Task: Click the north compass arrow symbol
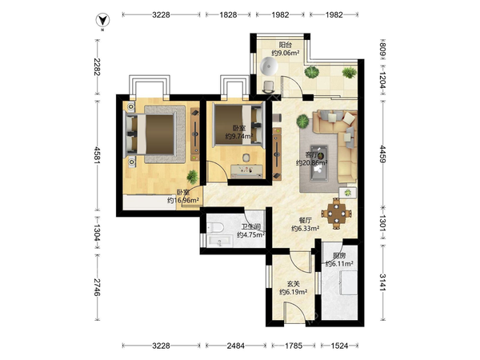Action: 103,21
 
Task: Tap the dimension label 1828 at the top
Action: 228,14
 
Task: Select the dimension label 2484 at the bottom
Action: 236,346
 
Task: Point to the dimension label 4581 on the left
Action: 98,155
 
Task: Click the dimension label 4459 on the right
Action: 383,154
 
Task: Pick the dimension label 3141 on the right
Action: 383,282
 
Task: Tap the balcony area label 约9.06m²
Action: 286,54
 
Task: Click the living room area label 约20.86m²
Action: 312,163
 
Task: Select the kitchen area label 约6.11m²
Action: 339,263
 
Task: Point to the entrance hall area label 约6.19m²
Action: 294,292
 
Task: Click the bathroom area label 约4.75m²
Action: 251,234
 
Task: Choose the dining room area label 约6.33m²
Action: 306,228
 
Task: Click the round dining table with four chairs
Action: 337,214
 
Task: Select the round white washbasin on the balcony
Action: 269,66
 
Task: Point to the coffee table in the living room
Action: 319,163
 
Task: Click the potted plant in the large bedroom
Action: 193,177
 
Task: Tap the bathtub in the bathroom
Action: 220,241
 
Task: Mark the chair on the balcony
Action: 269,87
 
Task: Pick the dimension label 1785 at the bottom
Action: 294,346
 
